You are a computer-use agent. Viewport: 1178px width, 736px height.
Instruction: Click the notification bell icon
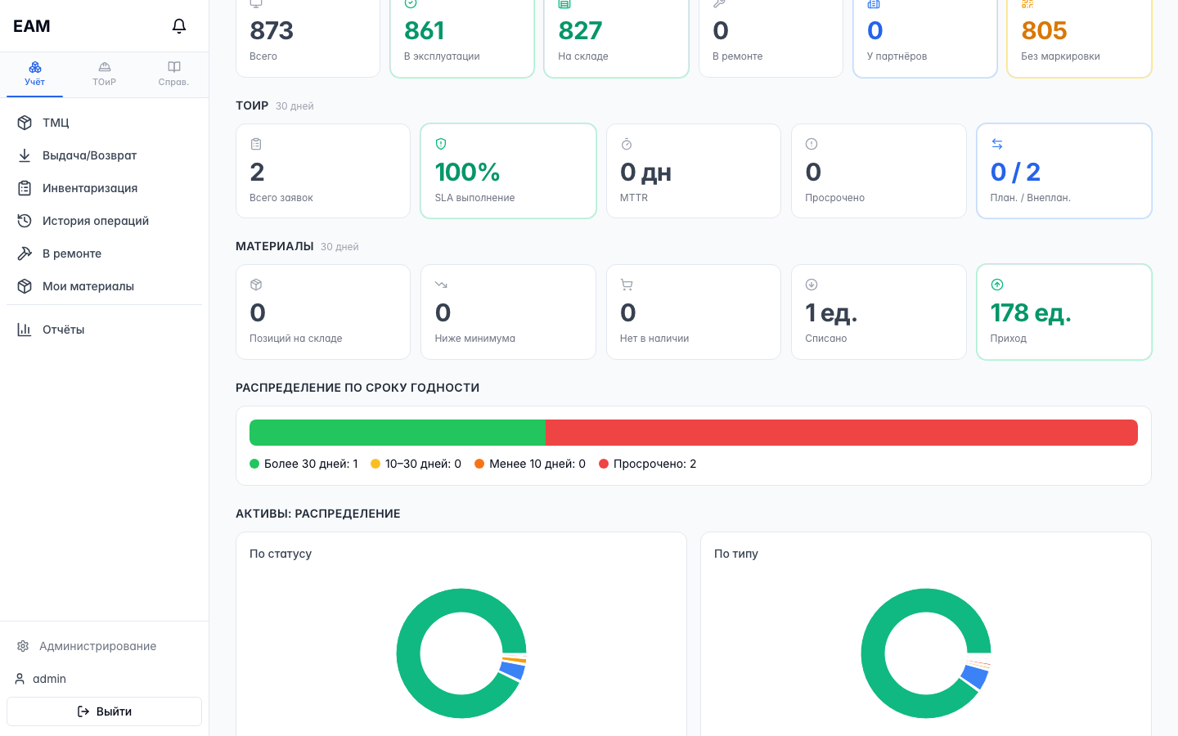179,26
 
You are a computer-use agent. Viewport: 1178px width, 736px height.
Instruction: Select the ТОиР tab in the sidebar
104,74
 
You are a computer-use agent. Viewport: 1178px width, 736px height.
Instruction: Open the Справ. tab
173,74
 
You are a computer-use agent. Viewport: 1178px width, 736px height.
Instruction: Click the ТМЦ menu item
56,123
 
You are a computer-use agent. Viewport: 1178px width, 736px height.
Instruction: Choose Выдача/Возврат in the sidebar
89,155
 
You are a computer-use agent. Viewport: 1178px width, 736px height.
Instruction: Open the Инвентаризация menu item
89,188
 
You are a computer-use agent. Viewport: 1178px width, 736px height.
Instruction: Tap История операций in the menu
95,221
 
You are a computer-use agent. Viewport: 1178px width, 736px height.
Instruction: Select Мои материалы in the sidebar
88,286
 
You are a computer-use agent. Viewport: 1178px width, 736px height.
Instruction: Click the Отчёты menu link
63,330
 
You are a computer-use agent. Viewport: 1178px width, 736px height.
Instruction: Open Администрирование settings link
97,646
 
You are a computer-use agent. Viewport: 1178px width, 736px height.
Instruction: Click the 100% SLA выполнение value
467,172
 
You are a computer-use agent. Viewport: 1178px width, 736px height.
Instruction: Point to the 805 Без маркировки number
1044,30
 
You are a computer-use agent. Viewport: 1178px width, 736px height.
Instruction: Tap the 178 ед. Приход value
1030,312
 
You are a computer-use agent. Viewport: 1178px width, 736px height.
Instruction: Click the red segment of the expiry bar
842,433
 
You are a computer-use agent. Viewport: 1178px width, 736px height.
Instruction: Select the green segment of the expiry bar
397,433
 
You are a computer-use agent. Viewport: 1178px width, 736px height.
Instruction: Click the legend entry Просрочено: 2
648,464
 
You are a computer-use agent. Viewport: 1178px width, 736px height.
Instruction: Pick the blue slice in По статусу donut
513,670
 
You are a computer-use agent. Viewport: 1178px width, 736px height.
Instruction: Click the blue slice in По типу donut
974,676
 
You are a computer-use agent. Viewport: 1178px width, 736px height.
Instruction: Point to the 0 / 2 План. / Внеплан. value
1015,172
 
